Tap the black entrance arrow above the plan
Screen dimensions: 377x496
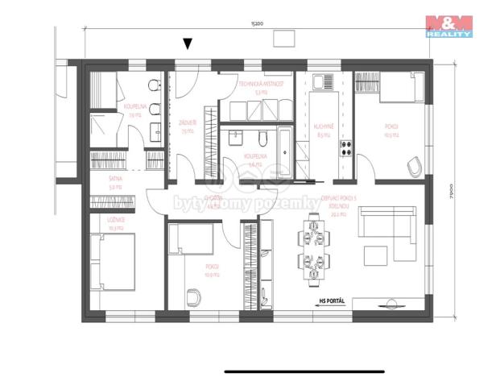point(188,43)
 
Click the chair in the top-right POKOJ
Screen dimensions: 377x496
point(414,167)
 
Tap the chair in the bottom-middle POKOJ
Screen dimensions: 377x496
point(193,296)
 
